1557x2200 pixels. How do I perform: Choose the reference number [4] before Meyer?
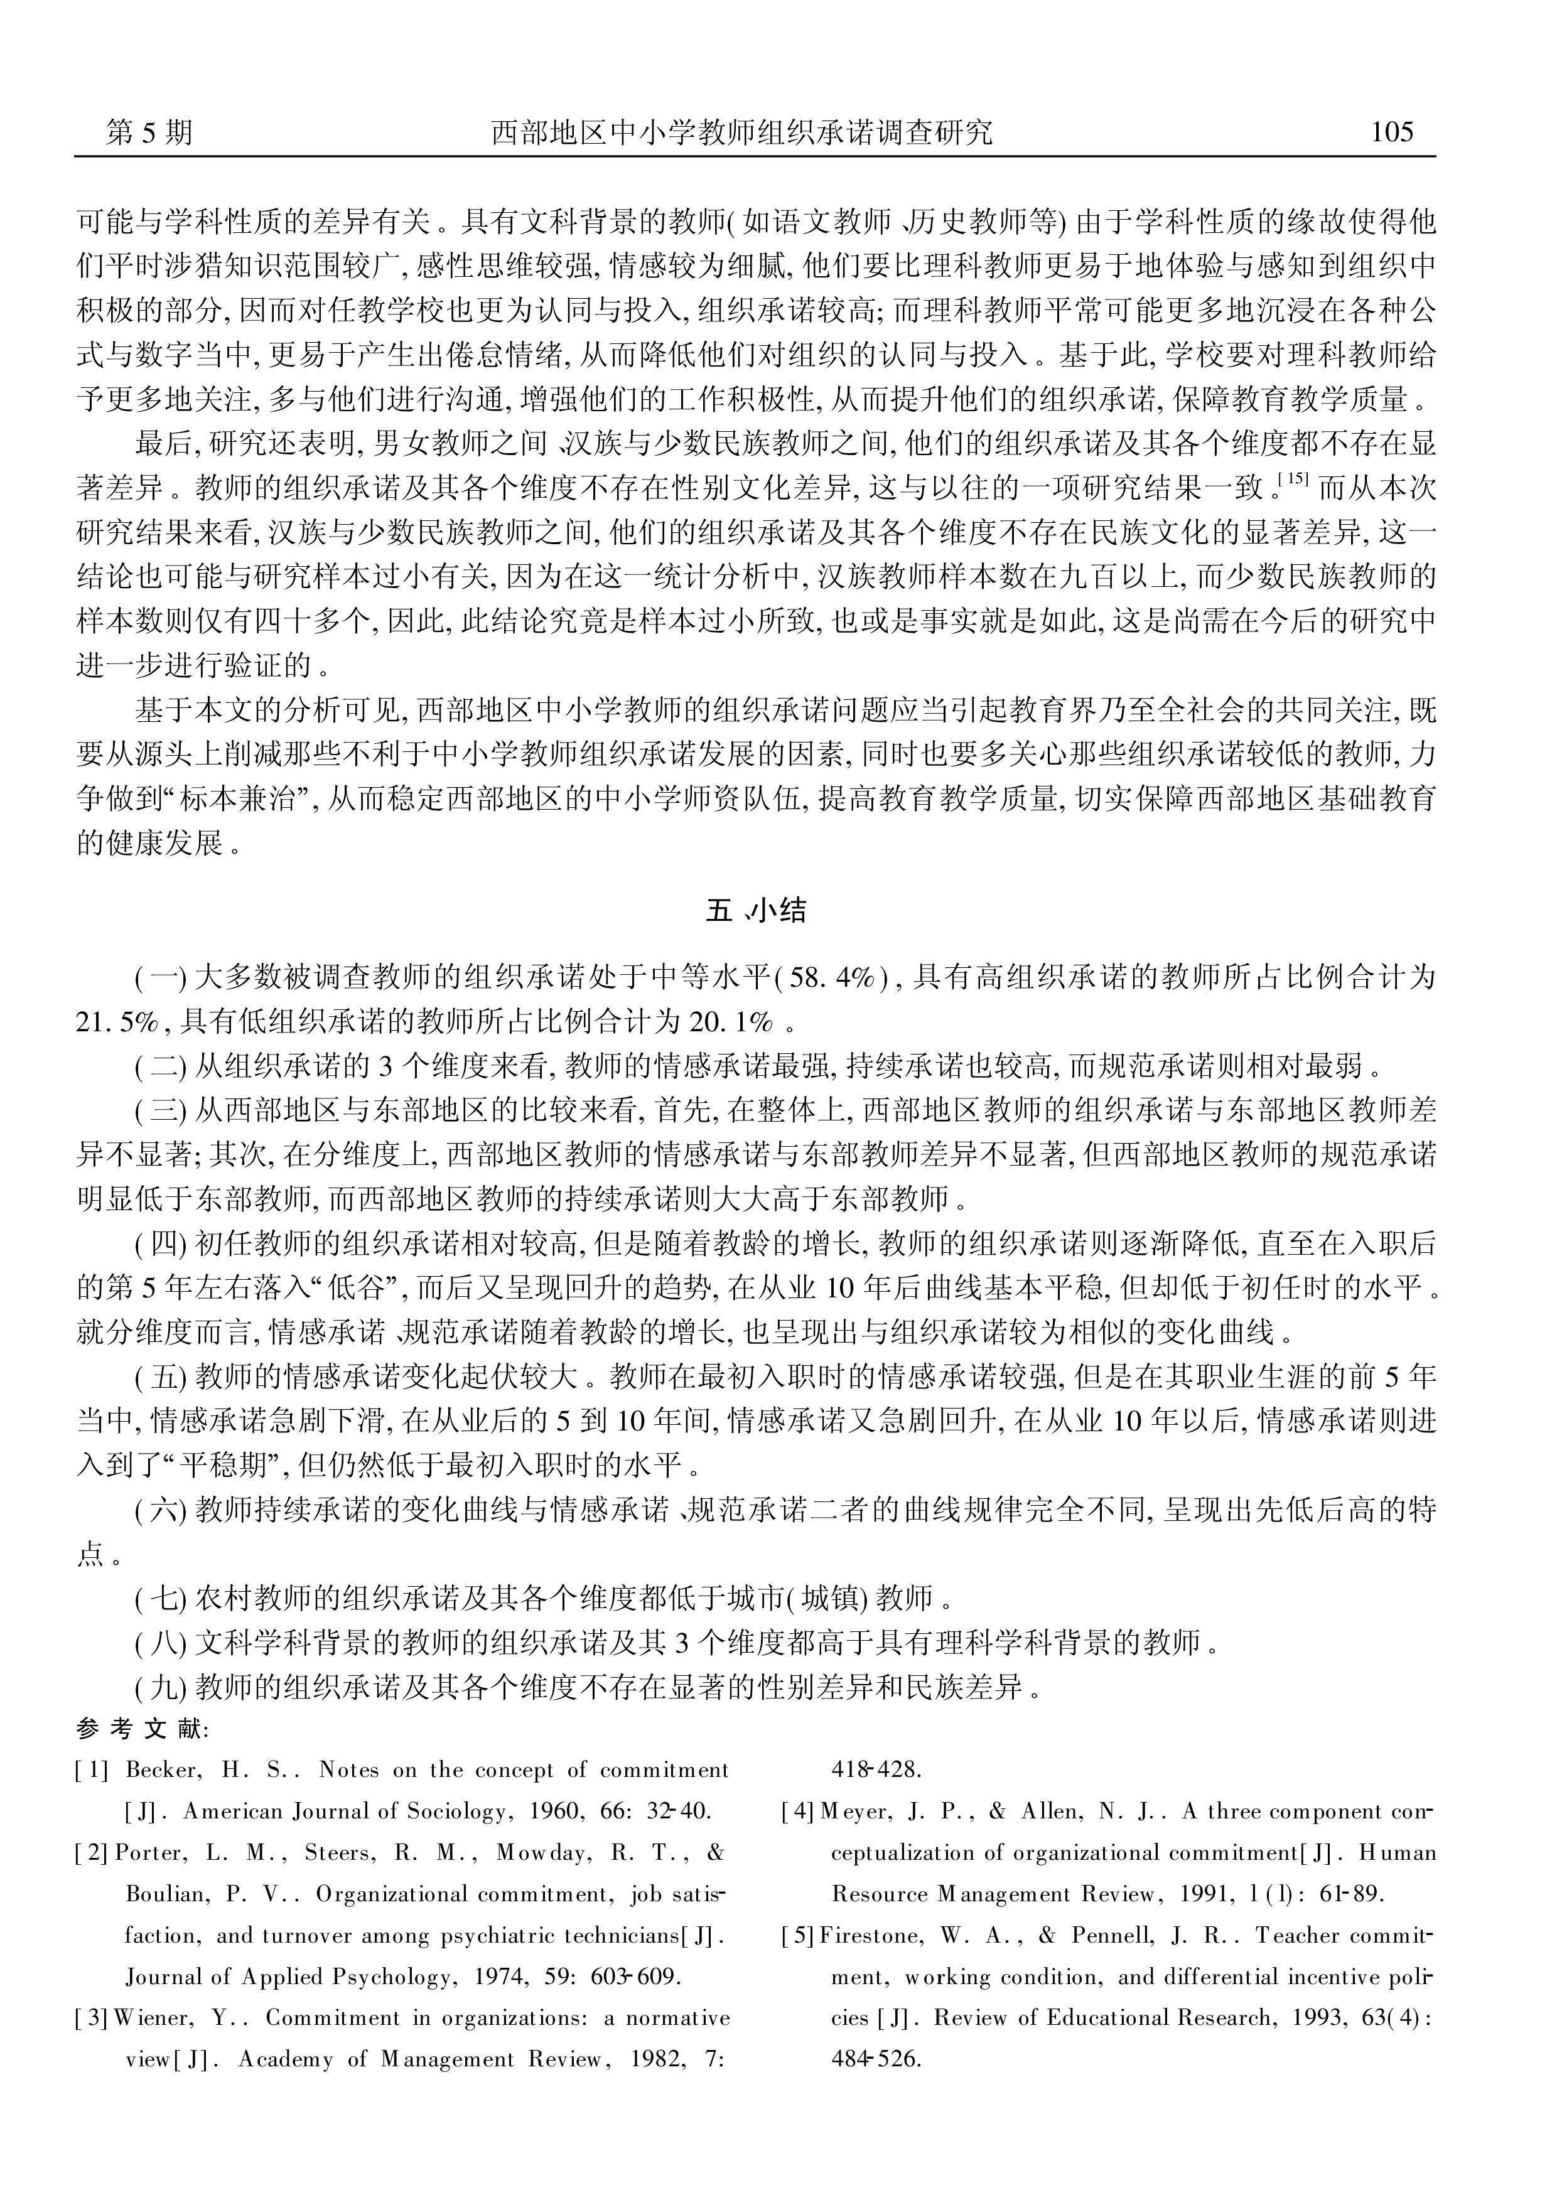[x=798, y=1811]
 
